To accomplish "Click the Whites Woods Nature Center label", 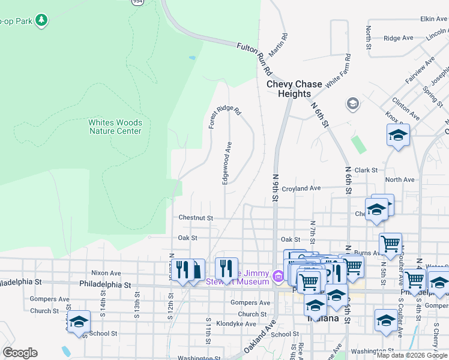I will pos(115,127).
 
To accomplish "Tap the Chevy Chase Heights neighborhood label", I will pos(294,89).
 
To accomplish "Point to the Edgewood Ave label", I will pos(228,163).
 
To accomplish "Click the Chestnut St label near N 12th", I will pos(196,218).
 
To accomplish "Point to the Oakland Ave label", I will pos(259,340).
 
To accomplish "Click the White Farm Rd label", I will pos(337,71).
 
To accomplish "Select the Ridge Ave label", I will pos(398,38).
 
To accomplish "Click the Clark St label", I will pos(366,170).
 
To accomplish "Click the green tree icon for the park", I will pos(41,20).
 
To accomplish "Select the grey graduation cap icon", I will pos(353,104).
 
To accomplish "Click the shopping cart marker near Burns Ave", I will pos(391,244).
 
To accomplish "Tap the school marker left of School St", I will pos(79,322).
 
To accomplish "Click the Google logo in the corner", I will pos(20,353).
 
